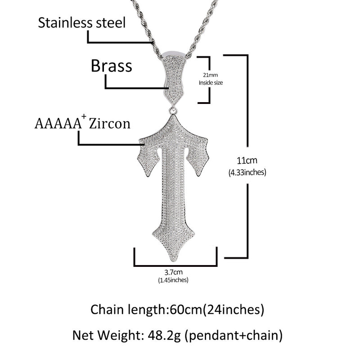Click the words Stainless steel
(x=82, y=23)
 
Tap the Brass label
(x=112, y=66)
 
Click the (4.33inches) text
(x=248, y=171)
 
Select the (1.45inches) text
(x=173, y=280)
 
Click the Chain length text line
(x=177, y=309)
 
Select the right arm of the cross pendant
(x=198, y=156)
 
